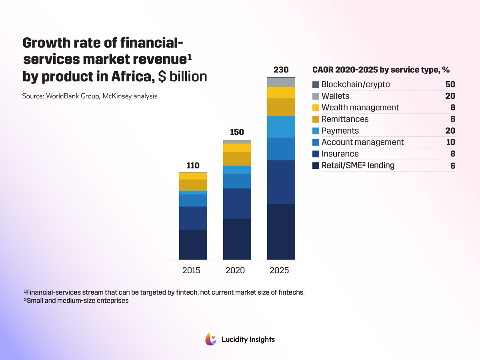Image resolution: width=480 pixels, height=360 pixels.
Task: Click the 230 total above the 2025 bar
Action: pyautogui.click(x=281, y=70)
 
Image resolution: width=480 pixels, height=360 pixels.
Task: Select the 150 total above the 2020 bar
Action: pyautogui.click(x=237, y=132)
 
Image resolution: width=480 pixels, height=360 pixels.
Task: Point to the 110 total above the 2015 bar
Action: pyautogui.click(x=193, y=166)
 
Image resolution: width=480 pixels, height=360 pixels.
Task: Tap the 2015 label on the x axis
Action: pyautogui.click(x=191, y=270)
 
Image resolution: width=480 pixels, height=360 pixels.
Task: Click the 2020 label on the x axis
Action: pyautogui.click(x=235, y=270)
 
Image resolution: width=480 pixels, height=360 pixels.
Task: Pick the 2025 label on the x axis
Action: pyautogui.click(x=279, y=270)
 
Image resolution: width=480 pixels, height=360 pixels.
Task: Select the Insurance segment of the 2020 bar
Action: pyautogui.click(x=237, y=203)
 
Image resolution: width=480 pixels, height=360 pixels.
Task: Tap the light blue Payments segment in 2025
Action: pyautogui.click(x=281, y=127)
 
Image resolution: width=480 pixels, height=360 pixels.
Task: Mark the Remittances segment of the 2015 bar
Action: pyautogui.click(x=193, y=185)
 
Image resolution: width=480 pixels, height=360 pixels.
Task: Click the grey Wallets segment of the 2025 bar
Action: pyautogui.click(x=281, y=82)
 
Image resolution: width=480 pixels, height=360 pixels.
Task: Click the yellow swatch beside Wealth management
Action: pyautogui.click(x=316, y=108)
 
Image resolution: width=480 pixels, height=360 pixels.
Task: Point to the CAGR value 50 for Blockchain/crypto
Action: pyautogui.click(x=450, y=85)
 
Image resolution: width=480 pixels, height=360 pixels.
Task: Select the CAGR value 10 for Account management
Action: pyautogui.click(x=450, y=142)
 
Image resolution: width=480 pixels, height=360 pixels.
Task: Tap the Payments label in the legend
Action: pyautogui.click(x=340, y=131)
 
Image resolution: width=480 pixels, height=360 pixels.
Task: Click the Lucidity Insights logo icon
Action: pyautogui.click(x=211, y=339)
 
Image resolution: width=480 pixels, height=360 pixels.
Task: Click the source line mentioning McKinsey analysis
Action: pyautogui.click(x=90, y=96)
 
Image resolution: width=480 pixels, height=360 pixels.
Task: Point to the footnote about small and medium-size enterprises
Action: pyautogui.click(x=76, y=301)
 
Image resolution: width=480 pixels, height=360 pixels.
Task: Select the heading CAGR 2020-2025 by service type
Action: pyautogui.click(x=381, y=70)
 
